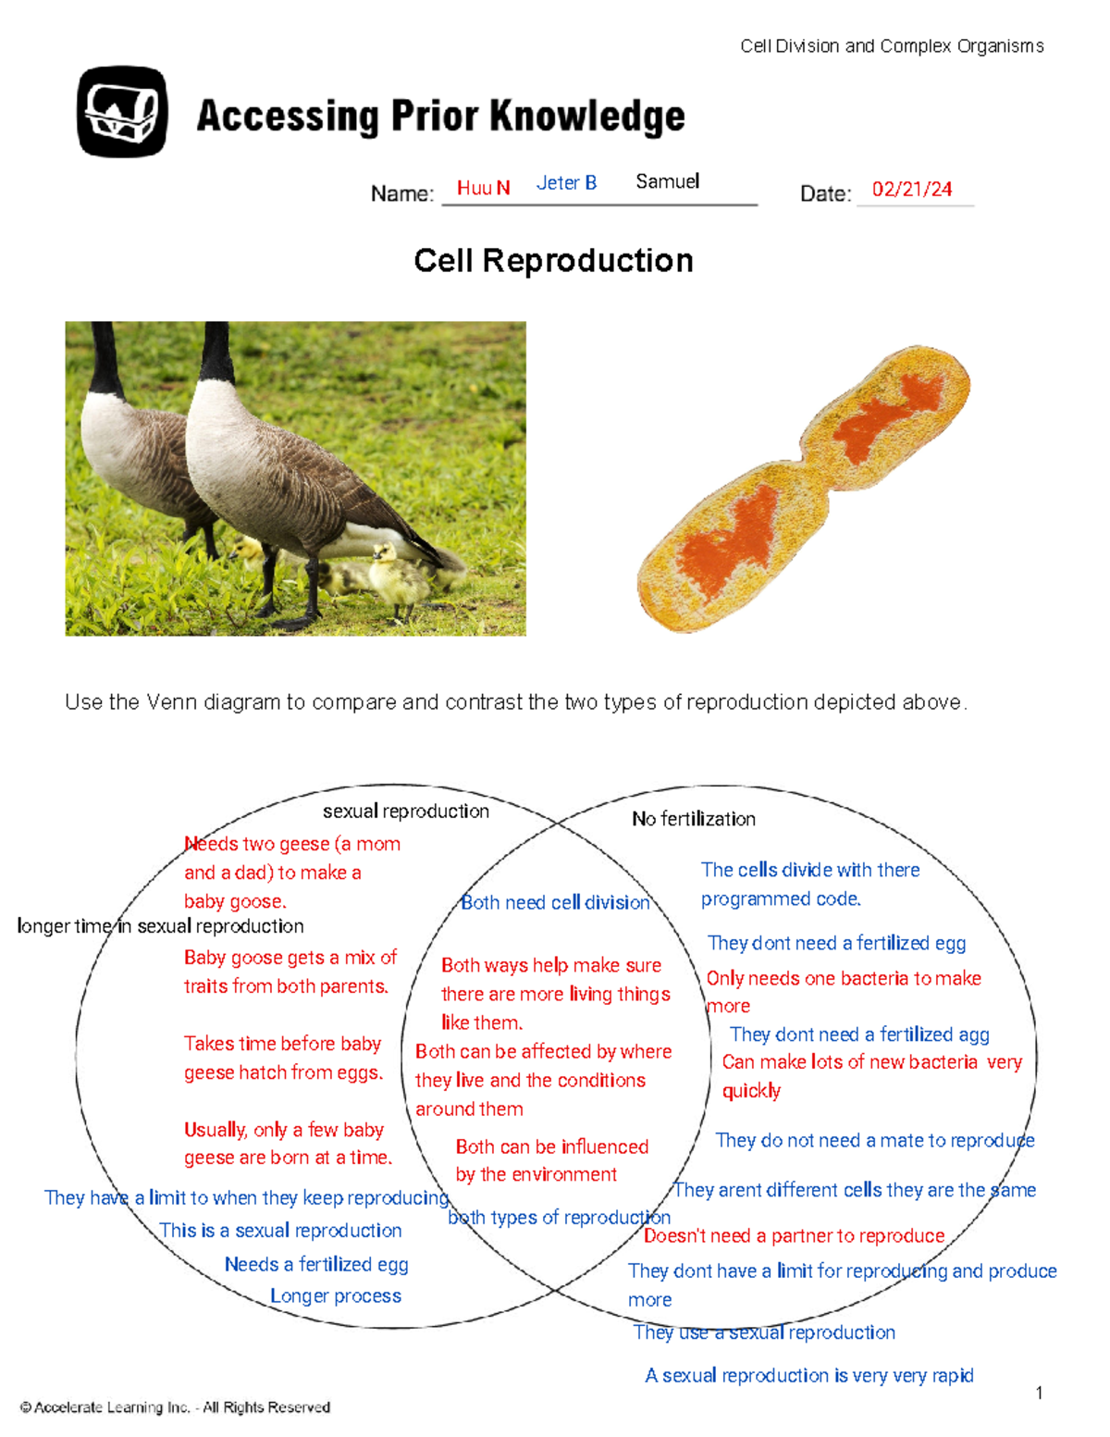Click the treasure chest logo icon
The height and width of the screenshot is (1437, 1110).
[122, 111]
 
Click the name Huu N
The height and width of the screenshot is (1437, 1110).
[483, 188]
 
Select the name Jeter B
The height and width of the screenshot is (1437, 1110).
[566, 183]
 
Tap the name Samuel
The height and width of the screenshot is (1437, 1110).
[667, 181]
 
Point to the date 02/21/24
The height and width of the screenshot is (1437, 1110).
[911, 190]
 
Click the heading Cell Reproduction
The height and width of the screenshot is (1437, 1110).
[553, 261]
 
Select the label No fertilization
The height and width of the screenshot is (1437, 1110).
[693, 819]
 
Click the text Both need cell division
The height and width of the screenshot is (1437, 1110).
[555, 903]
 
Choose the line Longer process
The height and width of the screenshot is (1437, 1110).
[336, 1296]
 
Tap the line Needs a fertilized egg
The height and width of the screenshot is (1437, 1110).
[316, 1265]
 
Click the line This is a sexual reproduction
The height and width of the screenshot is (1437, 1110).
[280, 1231]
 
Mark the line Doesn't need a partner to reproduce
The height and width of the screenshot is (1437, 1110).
[794, 1236]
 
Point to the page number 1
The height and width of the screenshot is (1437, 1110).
[1040, 1394]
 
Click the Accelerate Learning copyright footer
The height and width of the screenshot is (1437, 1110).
[175, 1407]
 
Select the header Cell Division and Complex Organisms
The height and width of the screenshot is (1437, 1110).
[892, 46]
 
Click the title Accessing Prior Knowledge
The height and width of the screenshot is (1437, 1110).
[440, 117]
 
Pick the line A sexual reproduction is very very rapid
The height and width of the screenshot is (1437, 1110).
[808, 1376]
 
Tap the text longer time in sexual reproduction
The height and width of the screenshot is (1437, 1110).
[160, 926]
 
